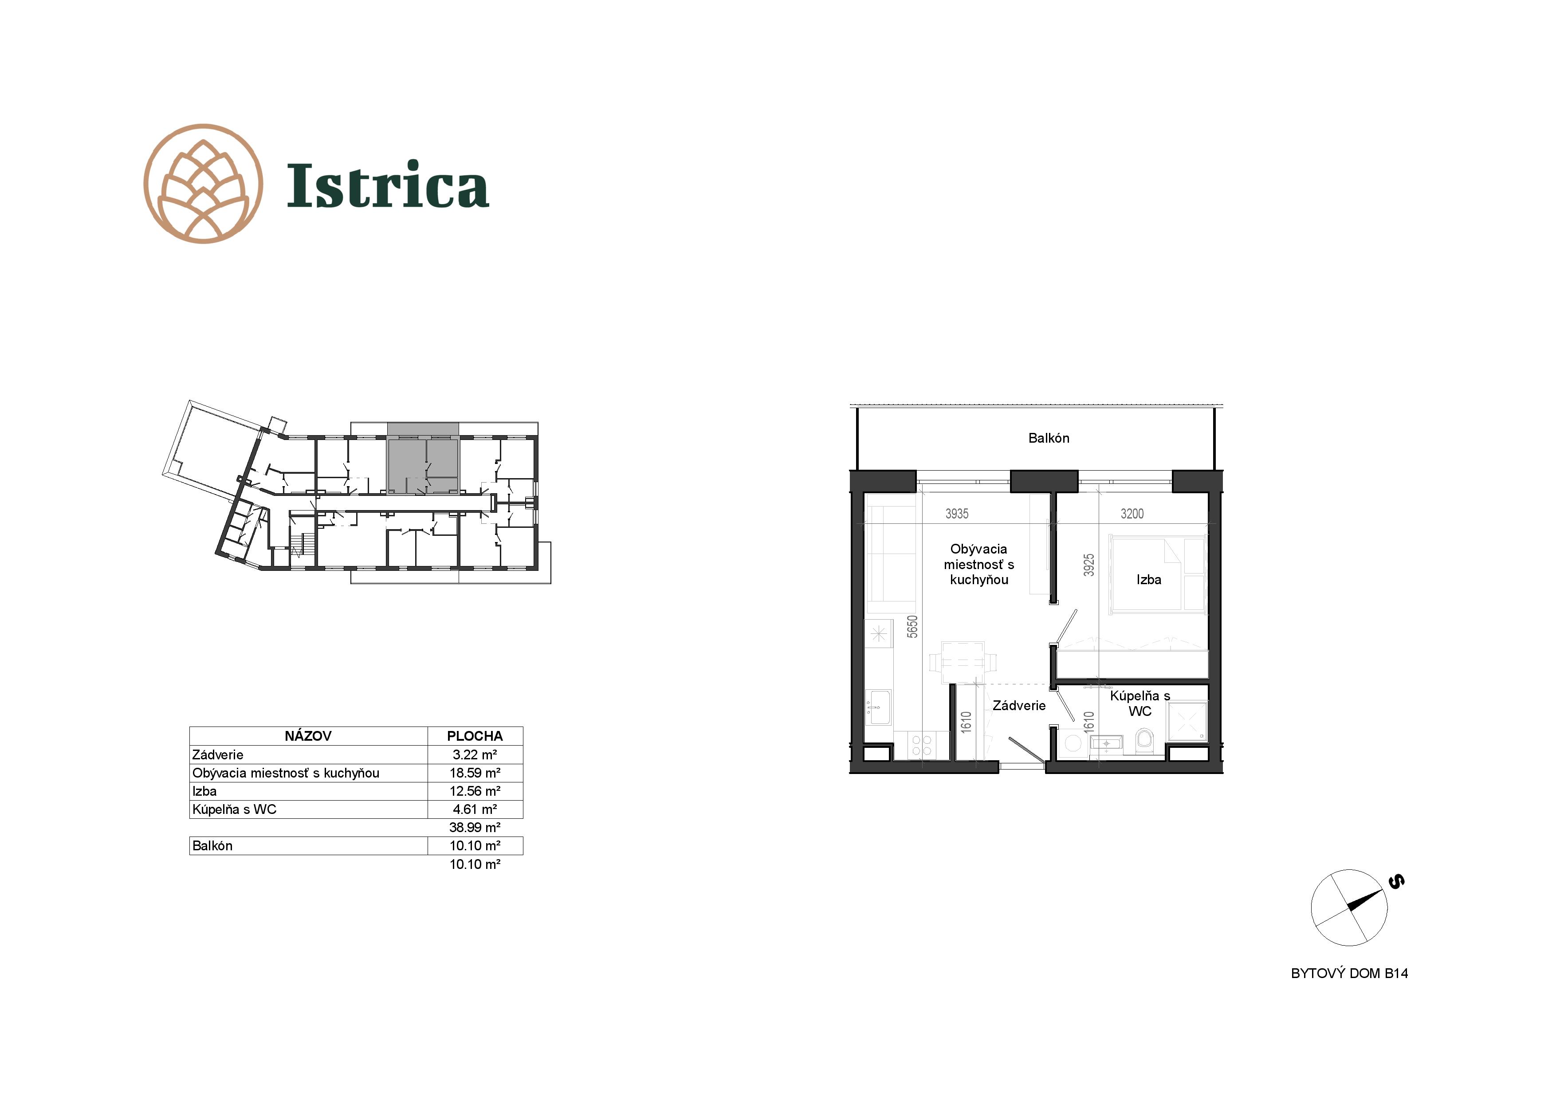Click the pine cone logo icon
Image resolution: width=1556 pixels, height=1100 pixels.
pos(203,184)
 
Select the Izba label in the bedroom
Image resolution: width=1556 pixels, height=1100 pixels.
pos(1149,579)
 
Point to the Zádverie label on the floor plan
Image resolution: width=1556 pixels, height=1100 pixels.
pos(1018,706)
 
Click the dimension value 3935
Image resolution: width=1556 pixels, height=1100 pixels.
pos(956,514)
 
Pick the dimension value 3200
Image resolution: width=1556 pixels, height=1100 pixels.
pos(1132,514)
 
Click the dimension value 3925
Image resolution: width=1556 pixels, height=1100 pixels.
pos(1088,565)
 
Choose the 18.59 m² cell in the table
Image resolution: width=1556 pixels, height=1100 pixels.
pos(475,773)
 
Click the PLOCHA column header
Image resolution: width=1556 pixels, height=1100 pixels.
pos(475,736)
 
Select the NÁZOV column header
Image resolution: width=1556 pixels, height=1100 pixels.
pos(308,736)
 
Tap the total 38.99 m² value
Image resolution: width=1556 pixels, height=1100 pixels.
pos(475,828)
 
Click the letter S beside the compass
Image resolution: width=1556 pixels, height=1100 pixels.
pos(1396,882)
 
